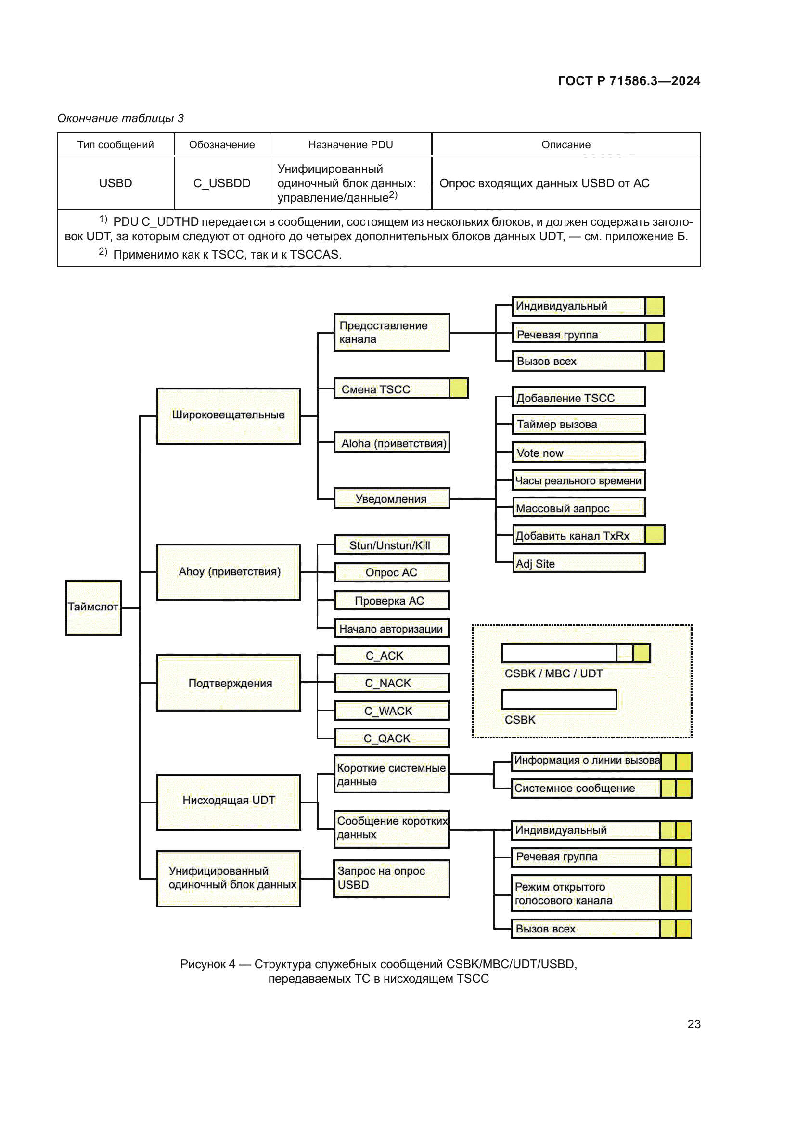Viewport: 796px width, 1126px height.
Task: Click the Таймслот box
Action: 94,608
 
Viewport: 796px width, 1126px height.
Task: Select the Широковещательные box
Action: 229,416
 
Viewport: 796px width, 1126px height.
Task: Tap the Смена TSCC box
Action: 392,388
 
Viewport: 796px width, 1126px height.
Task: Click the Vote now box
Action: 578,452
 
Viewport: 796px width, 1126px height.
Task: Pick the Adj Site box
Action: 578,563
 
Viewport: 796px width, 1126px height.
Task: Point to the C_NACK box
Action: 392,683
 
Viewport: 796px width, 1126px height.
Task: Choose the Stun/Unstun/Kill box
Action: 392,545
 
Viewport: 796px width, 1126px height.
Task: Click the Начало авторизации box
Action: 392,628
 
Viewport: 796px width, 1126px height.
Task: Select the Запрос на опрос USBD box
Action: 391,879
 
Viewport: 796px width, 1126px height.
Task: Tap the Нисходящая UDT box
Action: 229,802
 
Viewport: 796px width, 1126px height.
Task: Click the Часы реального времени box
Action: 578,480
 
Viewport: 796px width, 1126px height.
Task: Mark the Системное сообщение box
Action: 586,788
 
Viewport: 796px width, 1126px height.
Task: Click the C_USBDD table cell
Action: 221,183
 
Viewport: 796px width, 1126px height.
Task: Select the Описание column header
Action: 565,145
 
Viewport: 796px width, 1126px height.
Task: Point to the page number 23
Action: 693,1024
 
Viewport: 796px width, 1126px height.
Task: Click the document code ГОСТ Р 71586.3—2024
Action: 629,81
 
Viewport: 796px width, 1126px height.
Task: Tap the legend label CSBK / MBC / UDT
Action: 553,673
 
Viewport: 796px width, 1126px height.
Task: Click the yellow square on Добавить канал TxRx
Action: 655,535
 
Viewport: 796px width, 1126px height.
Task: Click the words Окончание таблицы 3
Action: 121,118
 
